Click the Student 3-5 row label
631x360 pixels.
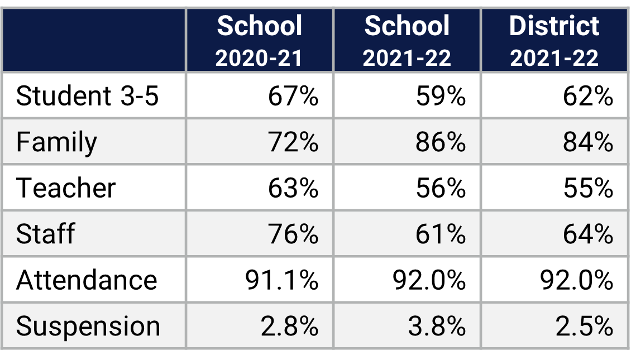click(87, 96)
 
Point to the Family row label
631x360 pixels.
click(56, 142)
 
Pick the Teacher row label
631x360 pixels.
click(66, 188)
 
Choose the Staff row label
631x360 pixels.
click(45, 234)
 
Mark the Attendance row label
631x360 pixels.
click(87, 280)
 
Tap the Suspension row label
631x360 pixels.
click(88, 326)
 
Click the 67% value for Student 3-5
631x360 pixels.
click(293, 96)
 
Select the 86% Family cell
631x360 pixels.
click(441, 142)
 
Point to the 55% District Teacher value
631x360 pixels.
click(588, 188)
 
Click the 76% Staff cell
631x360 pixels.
click(293, 234)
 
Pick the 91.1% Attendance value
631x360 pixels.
click(281, 280)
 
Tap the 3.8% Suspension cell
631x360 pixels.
click(436, 326)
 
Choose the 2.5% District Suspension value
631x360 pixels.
click(584, 326)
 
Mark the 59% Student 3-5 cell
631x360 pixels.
click(441, 96)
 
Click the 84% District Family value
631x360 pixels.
click(588, 142)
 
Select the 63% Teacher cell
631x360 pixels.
click(293, 188)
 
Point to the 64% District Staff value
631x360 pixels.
click(588, 234)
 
